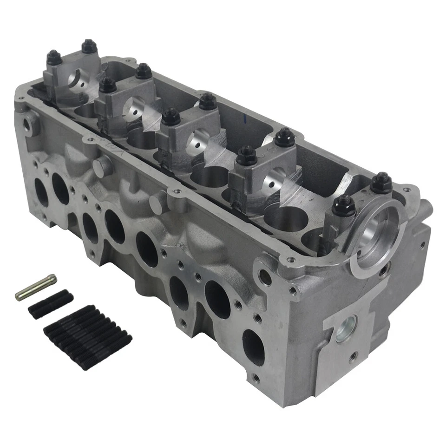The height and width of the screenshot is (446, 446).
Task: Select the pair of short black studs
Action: (51, 304)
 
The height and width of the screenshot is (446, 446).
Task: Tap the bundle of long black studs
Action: (87, 336)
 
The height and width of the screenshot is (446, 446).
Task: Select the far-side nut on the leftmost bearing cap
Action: (88, 47)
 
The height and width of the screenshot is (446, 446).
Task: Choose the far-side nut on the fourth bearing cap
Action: (284, 137)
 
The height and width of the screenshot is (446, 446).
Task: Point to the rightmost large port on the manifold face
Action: (253, 348)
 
